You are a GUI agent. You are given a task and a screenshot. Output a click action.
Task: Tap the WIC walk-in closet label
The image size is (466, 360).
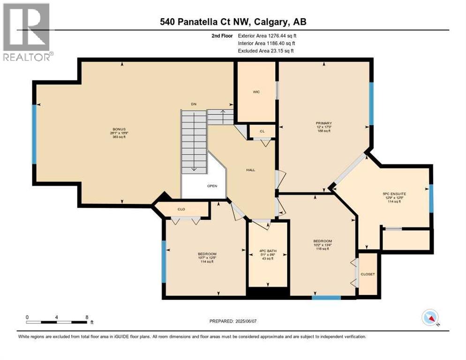click(x=256, y=92)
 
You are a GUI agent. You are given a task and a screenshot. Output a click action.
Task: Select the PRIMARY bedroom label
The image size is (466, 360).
click(x=323, y=123)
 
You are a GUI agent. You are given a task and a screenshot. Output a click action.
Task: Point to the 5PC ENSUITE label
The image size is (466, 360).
click(x=394, y=194)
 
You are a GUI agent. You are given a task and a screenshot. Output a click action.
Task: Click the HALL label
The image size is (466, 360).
click(x=250, y=170)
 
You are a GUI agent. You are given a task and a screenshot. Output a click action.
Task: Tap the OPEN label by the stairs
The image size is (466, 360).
click(x=212, y=186)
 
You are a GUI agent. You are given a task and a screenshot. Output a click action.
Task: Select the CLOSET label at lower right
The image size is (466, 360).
click(x=368, y=274)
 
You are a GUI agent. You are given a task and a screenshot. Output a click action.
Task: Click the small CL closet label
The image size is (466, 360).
click(x=262, y=131)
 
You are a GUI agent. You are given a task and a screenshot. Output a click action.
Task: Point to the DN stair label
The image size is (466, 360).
click(x=193, y=104)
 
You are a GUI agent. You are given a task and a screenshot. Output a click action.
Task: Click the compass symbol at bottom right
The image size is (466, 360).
click(x=430, y=318)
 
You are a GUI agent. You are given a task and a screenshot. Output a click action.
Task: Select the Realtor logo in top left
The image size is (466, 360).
click(x=26, y=32)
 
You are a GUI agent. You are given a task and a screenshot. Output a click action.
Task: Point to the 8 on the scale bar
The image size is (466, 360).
click(x=87, y=317)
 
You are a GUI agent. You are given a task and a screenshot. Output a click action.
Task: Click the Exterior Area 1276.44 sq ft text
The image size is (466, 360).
click(x=267, y=35)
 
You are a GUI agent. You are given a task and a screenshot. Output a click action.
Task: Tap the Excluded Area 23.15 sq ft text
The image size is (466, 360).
click(x=266, y=51)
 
